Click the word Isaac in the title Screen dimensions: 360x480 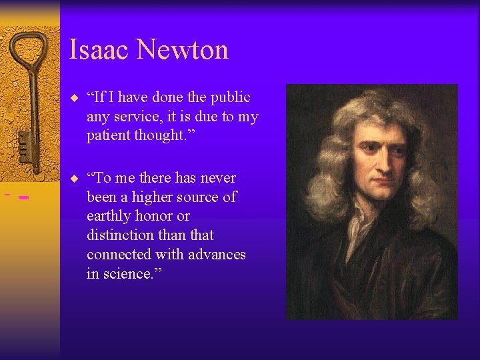pyautogui.click(x=97, y=49)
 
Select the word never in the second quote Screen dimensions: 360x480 pyautogui.click(x=218, y=178)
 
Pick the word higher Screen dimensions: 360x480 pyautogui.click(x=145, y=197)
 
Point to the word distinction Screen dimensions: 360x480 pyautogui.click(x=119, y=235)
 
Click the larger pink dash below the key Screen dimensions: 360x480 pyautogui.click(x=23, y=197)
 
